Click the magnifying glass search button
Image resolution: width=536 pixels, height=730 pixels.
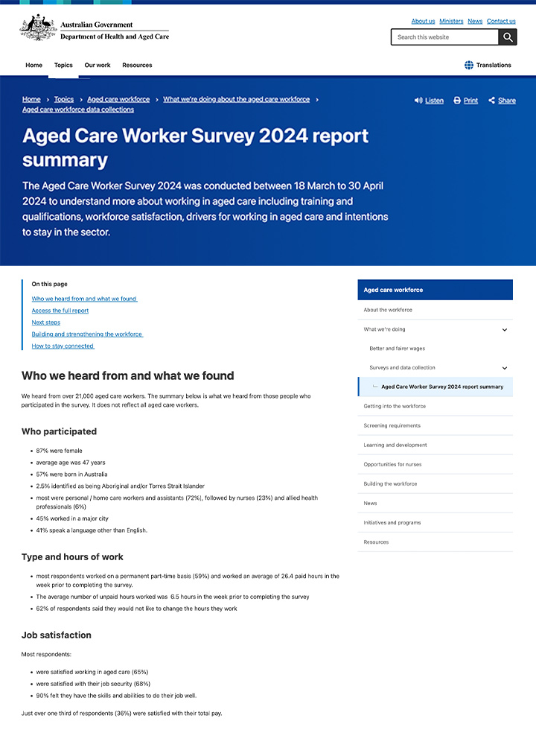pyautogui.click(x=508, y=37)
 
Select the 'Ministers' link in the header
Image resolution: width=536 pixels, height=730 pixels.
pyautogui.click(x=451, y=22)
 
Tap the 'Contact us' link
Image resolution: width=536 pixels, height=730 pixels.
pyautogui.click(x=501, y=22)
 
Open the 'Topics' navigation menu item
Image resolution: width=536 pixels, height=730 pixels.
pyautogui.click(x=63, y=66)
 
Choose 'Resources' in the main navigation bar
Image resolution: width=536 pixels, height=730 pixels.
pyautogui.click(x=137, y=66)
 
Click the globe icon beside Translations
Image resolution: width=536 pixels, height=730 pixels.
pyautogui.click(x=469, y=66)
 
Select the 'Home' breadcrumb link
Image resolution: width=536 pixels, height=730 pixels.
pyautogui.click(x=31, y=99)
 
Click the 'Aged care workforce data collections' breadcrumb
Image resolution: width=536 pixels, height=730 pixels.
pyautogui.click(x=78, y=110)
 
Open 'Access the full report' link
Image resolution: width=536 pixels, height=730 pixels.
pyautogui.click(x=60, y=311)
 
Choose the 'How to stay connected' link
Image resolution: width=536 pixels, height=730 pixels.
pyautogui.click(x=63, y=346)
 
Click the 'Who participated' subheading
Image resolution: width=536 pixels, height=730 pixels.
pyautogui.click(x=59, y=431)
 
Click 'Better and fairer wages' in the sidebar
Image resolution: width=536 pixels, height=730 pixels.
pyautogui.click(x=398, y=349)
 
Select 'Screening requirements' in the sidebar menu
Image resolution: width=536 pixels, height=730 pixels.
pyautogui.click(x=392, y=426)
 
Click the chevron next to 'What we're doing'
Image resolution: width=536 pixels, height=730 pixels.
pyautogui.click(x=504, y=329)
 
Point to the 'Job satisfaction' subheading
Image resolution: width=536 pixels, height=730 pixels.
pyautogui.click(x=57, y=635)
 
